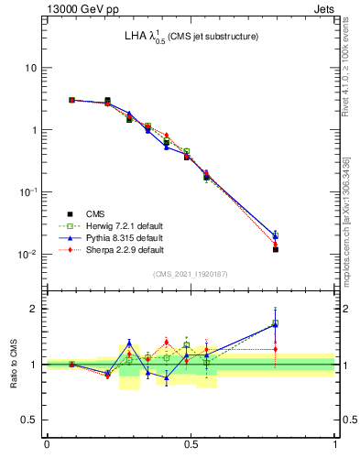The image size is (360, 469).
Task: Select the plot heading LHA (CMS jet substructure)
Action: coord(191,37)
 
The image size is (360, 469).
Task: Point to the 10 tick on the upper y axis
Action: coord(30,69)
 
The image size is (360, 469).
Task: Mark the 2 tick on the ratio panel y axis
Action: coord(34,309)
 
